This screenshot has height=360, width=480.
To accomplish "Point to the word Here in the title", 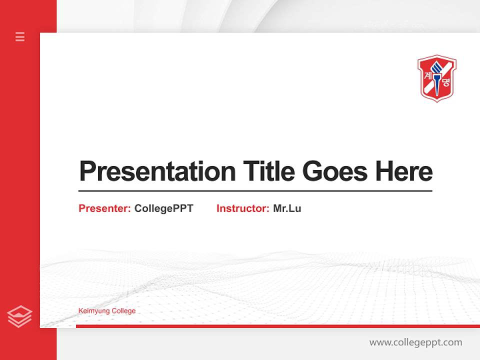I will [404, 171].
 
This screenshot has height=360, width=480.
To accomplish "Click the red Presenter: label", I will [104, 208].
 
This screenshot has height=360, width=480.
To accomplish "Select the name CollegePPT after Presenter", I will [163, 208].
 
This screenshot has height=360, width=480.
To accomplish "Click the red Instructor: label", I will [242, 208].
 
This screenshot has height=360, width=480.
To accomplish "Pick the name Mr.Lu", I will [287, 208].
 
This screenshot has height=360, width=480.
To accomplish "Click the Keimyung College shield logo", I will [437, 78].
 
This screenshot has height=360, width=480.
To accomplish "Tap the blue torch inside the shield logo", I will [437, 75].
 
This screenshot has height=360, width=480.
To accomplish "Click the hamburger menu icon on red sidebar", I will [20, 36].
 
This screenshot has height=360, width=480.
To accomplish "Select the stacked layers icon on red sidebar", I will [19, 316].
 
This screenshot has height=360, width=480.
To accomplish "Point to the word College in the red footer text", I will [123, 311].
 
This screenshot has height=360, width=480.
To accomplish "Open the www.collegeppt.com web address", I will [415, 342].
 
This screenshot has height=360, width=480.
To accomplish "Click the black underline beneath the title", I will [255, 190].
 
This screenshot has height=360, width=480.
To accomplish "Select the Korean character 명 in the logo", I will [446, 83].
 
